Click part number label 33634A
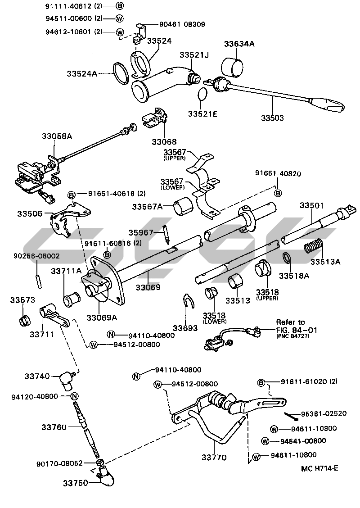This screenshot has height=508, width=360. point(239,44)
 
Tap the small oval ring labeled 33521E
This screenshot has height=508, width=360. point(203,94)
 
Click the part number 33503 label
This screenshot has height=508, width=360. point(272,118)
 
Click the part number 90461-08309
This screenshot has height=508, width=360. point(181,24)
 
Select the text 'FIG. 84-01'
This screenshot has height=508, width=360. point(293,330)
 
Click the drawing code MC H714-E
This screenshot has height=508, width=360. point(319,468)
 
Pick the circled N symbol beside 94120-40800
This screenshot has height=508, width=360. point(75,396)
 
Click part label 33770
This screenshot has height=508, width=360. point(214,458)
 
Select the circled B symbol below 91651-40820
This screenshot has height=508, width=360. point(278,193)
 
